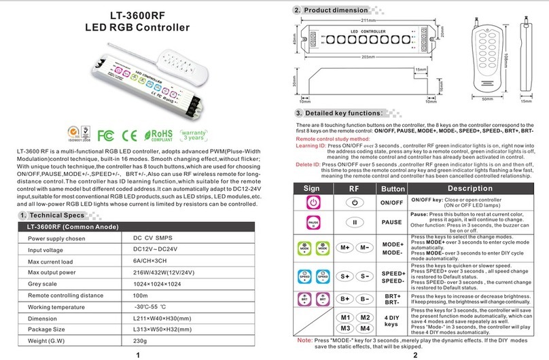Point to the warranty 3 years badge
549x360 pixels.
195,129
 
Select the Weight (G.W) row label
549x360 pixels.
51,340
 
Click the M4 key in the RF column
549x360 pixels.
365,329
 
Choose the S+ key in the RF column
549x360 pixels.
346,276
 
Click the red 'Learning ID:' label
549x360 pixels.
311,145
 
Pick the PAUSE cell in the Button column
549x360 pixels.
391,222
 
